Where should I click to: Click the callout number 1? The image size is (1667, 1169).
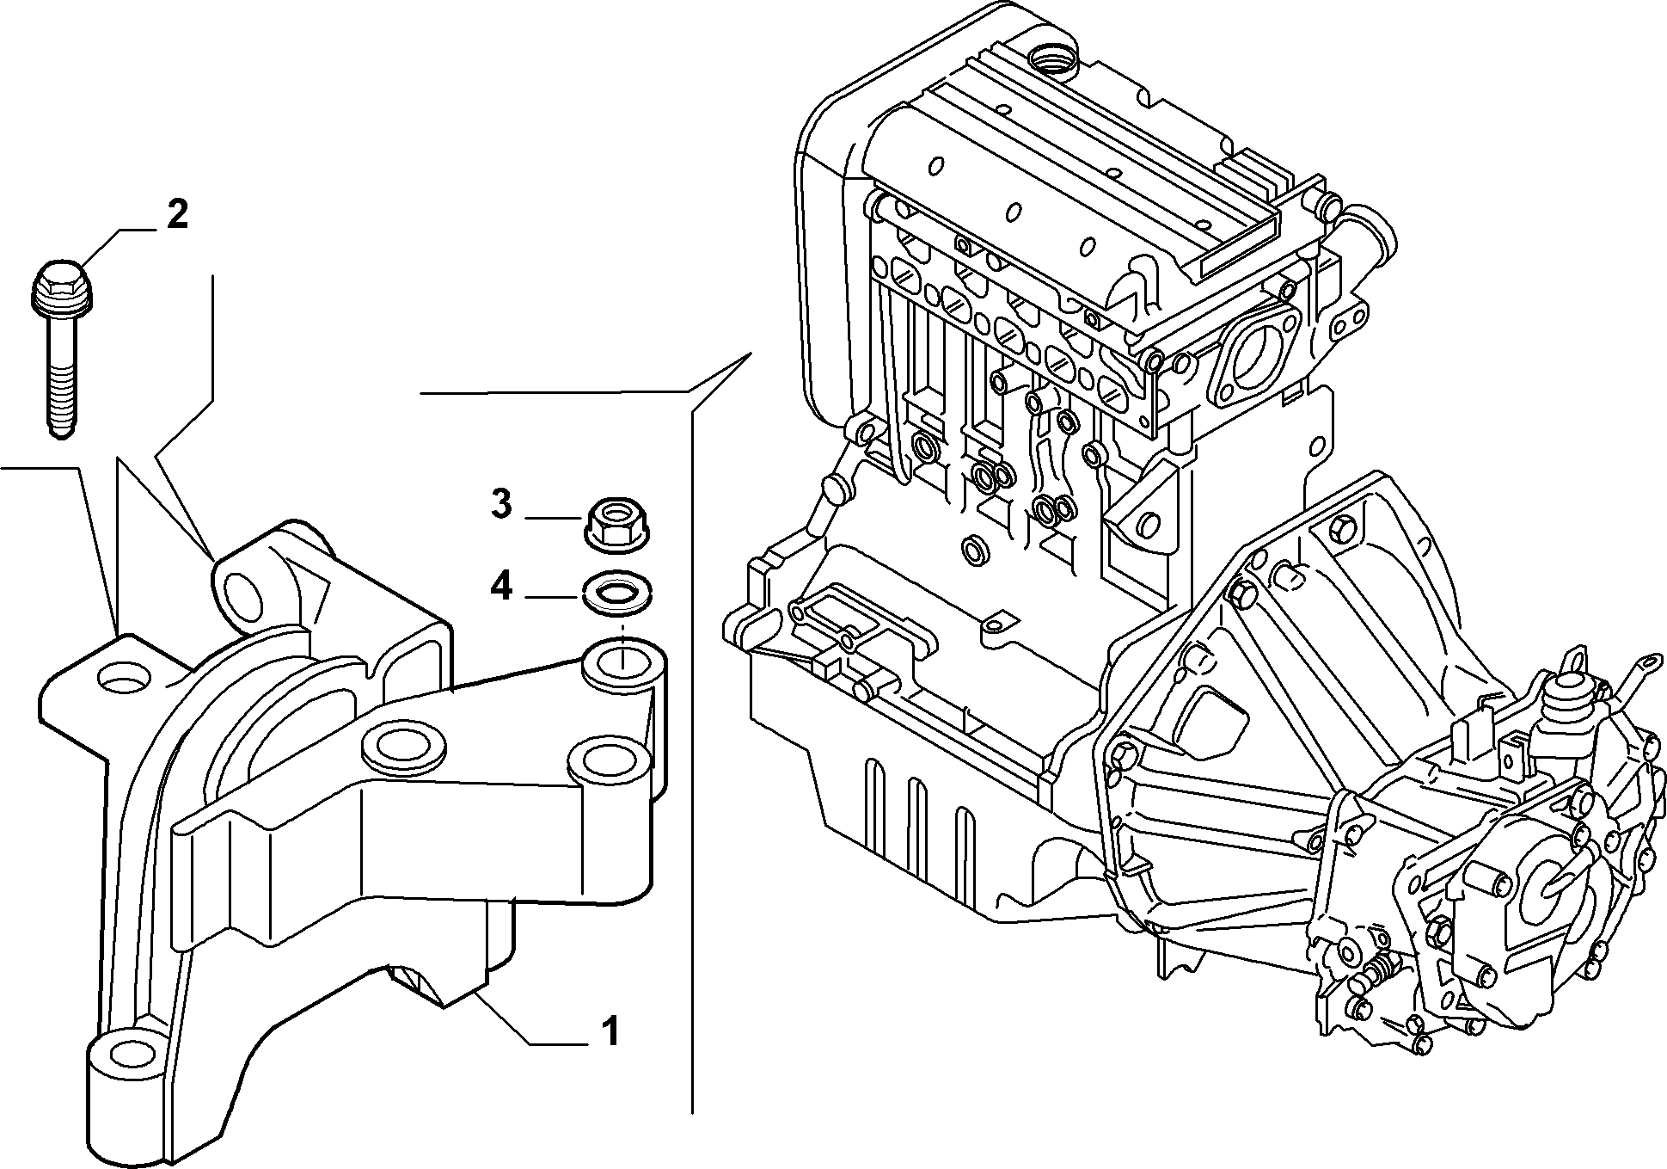click(x=610, y=1031)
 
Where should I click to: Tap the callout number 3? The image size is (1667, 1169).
click(x=501, y=504)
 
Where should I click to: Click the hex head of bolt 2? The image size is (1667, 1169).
click(x=63, y=280)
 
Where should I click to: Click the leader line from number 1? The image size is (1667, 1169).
click(x=529, y=1019)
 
